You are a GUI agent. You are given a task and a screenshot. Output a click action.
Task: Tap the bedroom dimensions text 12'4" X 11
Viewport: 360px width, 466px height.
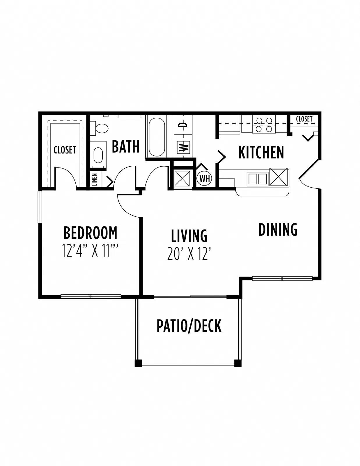(90, 251)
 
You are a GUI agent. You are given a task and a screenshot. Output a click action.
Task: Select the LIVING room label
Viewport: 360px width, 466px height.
(189, 236)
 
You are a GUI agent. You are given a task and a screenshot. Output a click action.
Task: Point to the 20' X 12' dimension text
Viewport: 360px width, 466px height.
(188, 254)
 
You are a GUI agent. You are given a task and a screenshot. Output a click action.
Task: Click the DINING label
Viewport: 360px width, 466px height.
(278, 230)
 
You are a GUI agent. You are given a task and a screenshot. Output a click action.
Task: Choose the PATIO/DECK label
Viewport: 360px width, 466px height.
(189, 326)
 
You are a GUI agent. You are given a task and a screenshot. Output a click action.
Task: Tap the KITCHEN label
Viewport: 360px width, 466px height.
(261, 152)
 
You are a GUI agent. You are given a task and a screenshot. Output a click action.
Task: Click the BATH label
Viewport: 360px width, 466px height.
(126, 146)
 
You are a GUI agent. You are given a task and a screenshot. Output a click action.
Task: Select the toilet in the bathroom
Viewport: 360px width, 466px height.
(99, 128)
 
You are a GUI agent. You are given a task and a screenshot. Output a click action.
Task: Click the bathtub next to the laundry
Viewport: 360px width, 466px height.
(157, 137)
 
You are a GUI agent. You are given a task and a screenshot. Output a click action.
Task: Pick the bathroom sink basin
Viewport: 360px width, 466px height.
(99, 155)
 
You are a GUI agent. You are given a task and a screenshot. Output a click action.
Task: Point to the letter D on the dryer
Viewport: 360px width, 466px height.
(183, 125)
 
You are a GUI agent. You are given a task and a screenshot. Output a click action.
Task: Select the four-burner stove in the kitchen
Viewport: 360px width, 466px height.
(264, 124)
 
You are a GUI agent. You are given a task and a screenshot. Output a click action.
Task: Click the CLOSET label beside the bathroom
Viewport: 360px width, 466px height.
(65, 150)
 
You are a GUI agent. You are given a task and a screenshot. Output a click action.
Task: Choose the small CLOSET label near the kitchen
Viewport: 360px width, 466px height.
(304, 119)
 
